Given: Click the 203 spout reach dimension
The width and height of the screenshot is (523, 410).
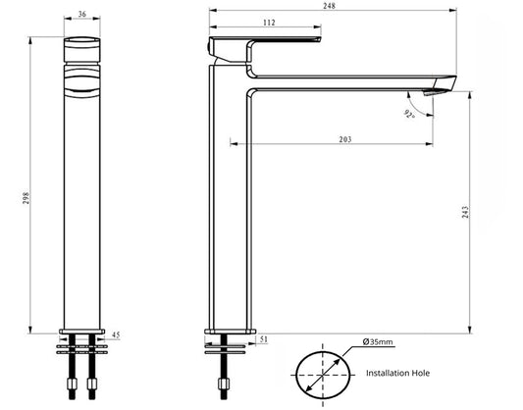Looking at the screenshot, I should point(345,141).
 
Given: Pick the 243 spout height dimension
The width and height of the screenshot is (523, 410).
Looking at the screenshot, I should point(467,210).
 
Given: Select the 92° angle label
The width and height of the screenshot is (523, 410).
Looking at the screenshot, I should point(408,113).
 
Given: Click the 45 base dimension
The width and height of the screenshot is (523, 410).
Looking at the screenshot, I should point(117,334).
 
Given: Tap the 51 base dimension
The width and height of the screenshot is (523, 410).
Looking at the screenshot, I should point(267,340).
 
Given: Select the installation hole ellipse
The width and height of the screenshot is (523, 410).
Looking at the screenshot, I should point(321,372).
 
